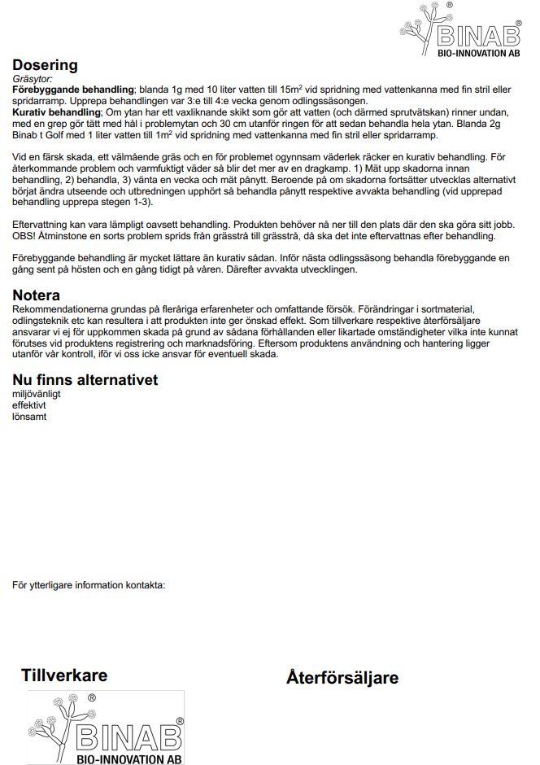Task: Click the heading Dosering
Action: point(45,65)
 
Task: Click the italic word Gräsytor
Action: point(33,79)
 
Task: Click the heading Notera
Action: point(37,295)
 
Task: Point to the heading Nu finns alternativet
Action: point(85,380)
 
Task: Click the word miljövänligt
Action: point(37,394)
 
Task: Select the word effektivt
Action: point(29,405)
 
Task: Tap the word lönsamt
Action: point(29,417)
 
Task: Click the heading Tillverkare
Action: point(64,675)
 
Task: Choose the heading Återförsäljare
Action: point(342,678)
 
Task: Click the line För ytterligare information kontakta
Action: point(89,584)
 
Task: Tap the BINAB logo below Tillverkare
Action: point(106,728)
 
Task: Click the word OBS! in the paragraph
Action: point(25,235)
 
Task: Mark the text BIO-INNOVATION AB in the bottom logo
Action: point(128,758)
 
